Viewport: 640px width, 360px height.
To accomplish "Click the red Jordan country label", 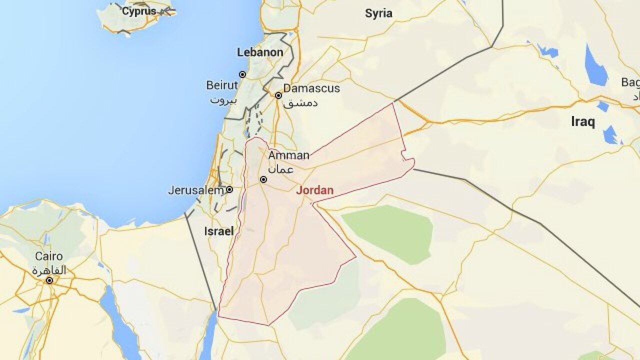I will pos(314,190).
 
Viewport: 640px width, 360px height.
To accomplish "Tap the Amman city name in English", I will pos(289,155).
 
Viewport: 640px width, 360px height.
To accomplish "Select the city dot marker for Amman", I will pos(263,179).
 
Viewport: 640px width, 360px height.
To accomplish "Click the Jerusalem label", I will pos(195,190).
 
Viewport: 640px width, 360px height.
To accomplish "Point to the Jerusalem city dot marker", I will pos(229,189).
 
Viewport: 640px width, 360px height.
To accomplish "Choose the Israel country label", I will pos(219,231).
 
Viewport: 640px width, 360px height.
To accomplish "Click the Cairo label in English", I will pos(49,256).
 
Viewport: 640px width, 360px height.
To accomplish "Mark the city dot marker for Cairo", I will pos(49,280).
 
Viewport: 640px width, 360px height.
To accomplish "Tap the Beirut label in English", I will pos(222,85).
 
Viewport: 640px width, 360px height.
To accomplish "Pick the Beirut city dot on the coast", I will pos(242,74).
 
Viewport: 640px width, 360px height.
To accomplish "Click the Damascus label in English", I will pos(311,88).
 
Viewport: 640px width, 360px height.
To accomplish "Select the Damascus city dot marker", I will pos(278,95).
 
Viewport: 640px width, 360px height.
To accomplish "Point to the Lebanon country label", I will pos(260,52).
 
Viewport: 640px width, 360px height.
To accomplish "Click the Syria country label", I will pos(378,13).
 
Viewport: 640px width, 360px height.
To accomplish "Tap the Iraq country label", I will pos(583,121).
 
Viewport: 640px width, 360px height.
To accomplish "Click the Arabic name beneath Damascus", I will pos(300,103).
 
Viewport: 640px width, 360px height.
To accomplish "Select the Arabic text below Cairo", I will pos(49,270).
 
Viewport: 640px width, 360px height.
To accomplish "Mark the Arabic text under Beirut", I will pos(221,99).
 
